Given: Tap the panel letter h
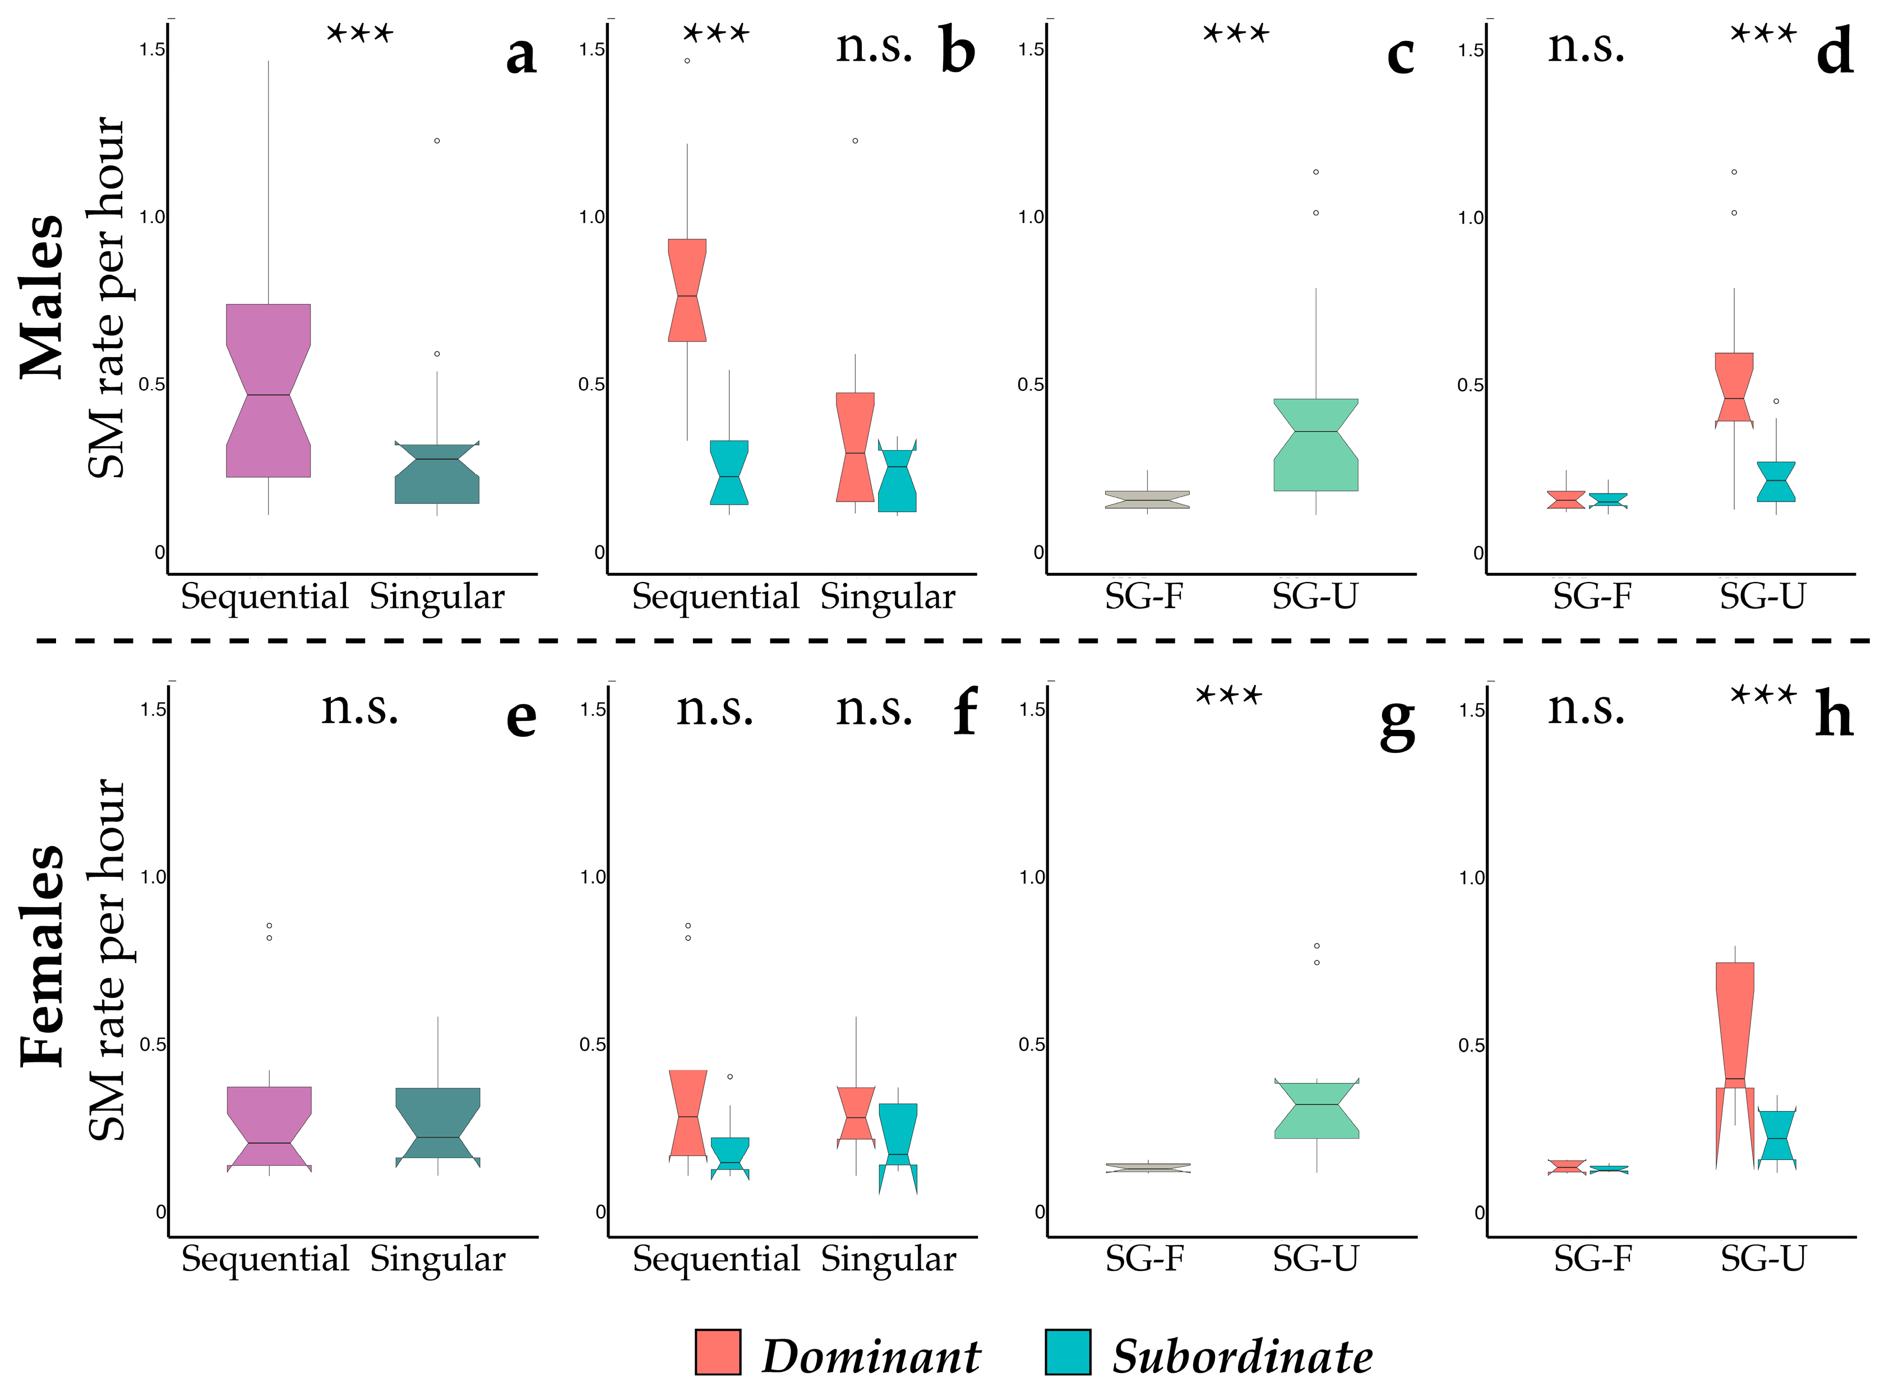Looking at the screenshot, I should pos(1833,715).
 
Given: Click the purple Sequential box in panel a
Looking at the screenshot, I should pos(268,390).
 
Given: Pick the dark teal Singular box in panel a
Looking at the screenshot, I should pos(436,474).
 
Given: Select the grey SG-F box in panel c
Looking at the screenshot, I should pos(1147,500).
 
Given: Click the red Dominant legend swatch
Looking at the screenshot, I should pos(718,1352).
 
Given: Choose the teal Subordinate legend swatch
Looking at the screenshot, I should pos(1068,1352).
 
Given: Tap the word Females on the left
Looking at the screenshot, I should pos(42,956).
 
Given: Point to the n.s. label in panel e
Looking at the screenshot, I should pos(360,708).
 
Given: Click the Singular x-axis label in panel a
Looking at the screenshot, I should pos(437,598).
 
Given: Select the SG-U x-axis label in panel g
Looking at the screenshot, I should pos(1315,1260).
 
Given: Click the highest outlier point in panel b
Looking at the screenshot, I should pos(687,61).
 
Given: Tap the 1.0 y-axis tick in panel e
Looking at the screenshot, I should pos(153,877).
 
